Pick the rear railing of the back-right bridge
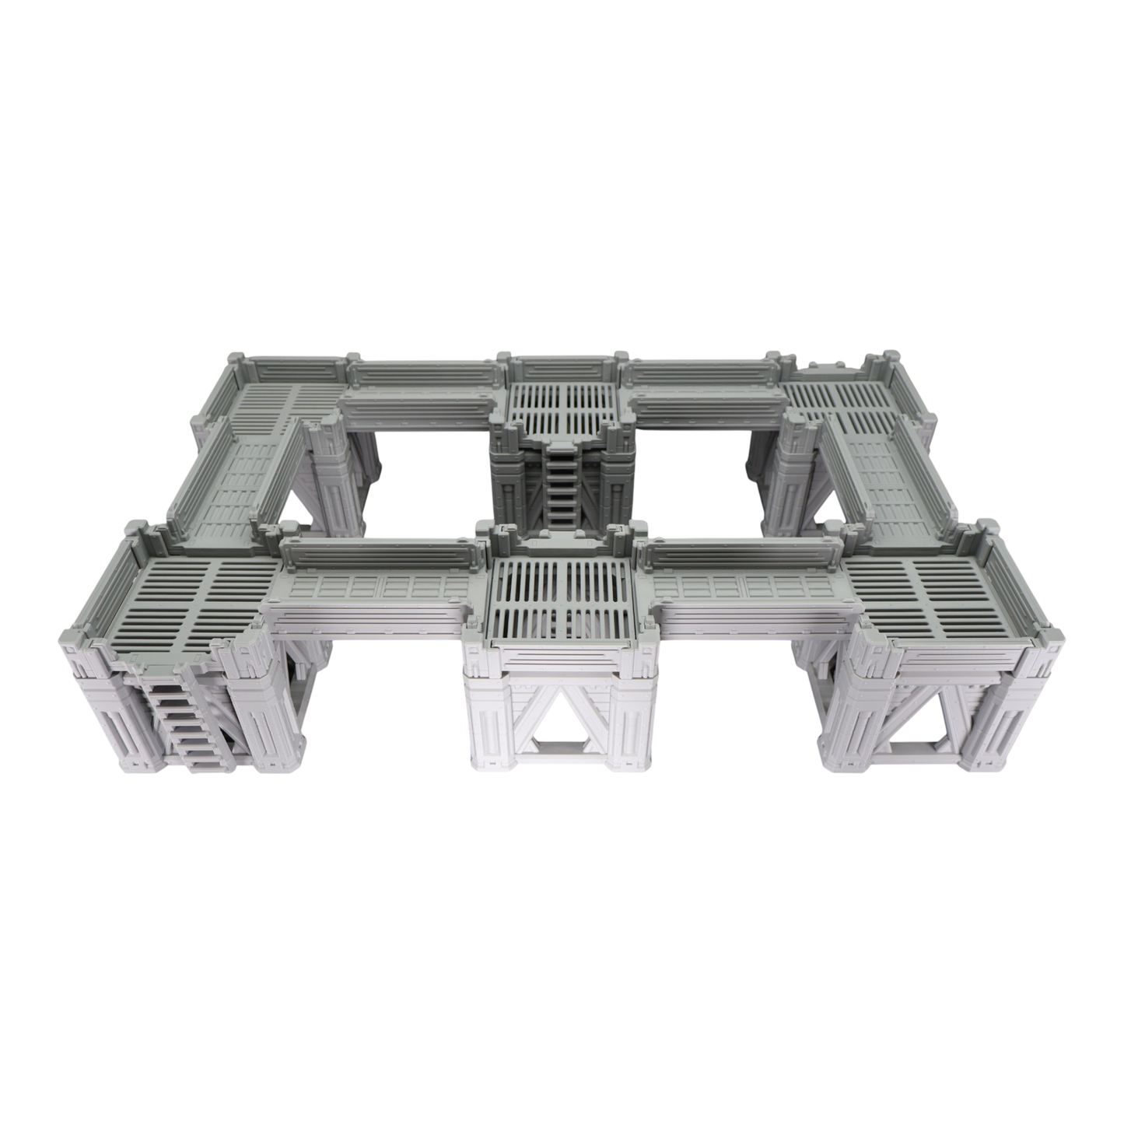point(700,372)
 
